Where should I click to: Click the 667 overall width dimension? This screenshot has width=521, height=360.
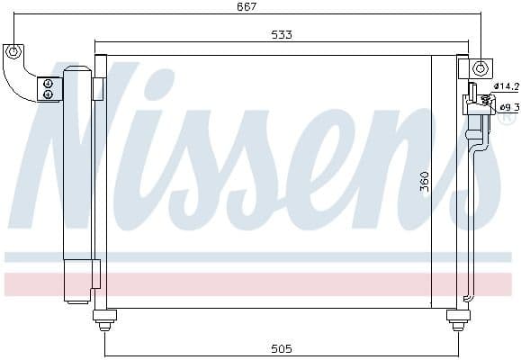tap(247, 7)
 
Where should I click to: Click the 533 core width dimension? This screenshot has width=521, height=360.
tap(281, 35)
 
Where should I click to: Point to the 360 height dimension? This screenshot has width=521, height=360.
tap(424, 183)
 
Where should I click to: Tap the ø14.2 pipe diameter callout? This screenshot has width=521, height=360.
tap(508, 86)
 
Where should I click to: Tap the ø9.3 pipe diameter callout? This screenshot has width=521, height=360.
tap(508, 108)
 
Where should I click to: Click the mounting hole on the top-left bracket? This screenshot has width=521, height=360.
tap(13, 52)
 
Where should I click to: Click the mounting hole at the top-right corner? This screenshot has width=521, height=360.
tap(481, 67)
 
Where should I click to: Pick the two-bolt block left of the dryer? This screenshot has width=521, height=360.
tap(49, 88)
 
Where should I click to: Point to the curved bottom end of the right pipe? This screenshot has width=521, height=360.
tap(467, 296)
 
